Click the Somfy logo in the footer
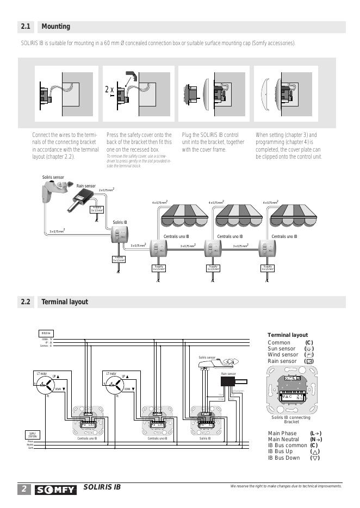[55, 490]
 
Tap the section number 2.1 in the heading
[26, 27]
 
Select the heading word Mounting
[56, 27]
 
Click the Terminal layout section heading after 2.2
[65, 302]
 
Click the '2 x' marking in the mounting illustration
[109, 90]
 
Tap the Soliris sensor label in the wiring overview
[53, 178]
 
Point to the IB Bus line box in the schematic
[46, 333]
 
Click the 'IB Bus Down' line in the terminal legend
[284, 458]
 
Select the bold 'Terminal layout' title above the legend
[288, 335]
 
